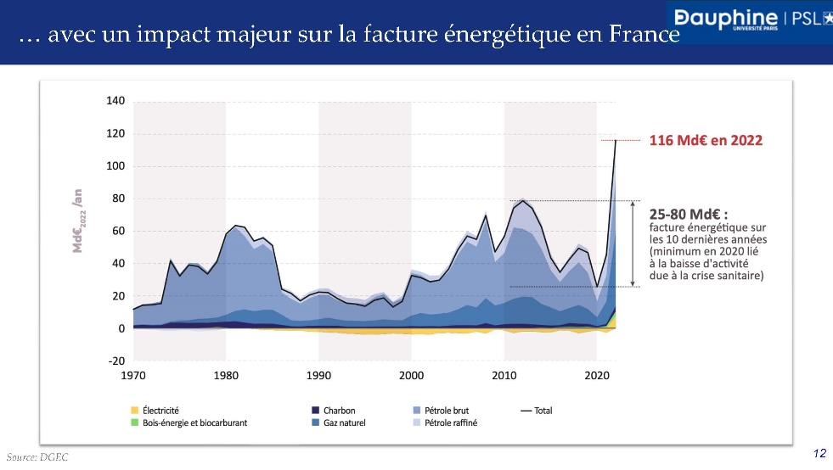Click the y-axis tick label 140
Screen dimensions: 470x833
coord(115,102)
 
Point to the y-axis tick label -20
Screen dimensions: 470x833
coord(115,361)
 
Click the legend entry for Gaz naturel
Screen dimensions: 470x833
coord(344,422)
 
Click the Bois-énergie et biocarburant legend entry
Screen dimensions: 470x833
coord(189,422)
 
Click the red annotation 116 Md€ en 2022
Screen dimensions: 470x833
coord(706,141)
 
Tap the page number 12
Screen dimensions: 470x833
coord(819,454)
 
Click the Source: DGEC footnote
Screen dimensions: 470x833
coord(37,456)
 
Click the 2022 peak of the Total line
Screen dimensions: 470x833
coord(616,140)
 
